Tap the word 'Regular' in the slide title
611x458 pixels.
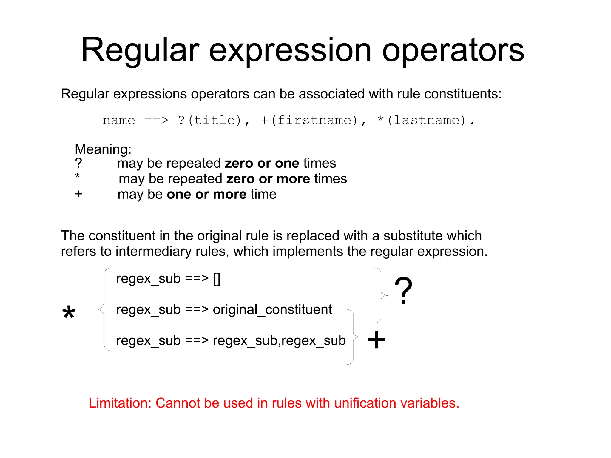click(140, 51)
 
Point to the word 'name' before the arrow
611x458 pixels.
click(119, 121)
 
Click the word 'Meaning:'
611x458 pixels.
click(103, 149)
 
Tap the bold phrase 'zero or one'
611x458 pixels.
click(262, 163)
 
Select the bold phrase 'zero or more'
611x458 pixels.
click(268, 179)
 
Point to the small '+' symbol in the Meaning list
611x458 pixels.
click(79, 194)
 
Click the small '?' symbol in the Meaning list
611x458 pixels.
click(78, 163)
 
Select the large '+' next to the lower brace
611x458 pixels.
click(376, 340)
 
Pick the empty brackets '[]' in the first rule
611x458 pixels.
click(217, 279)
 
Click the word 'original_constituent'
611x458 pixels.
click(272, 309)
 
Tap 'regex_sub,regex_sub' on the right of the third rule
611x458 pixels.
click(279, 340)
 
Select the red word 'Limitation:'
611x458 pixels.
click(120, 403)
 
